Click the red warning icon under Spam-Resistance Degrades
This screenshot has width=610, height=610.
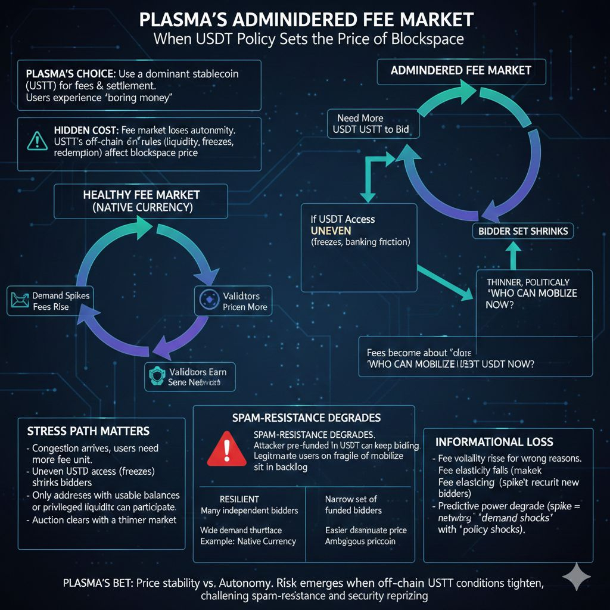click(x=227, y=448)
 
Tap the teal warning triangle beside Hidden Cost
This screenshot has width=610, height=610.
click(x=36, y=141)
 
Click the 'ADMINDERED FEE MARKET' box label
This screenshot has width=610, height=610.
click(x=460, y=70)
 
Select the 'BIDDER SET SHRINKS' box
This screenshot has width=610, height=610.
click(x=523, y=231)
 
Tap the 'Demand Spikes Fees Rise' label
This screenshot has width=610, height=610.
click(x=58, y=301)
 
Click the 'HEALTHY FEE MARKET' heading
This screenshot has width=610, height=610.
click(x=141, y=195)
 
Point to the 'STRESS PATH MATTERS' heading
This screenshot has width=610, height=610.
click(x=88, y=431)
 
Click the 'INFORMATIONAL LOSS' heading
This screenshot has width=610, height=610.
click(x=494, y=442)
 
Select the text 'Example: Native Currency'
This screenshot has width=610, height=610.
click(x=248, y=541)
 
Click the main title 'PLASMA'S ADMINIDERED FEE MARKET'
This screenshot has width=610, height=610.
click(x=306, y=20)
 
